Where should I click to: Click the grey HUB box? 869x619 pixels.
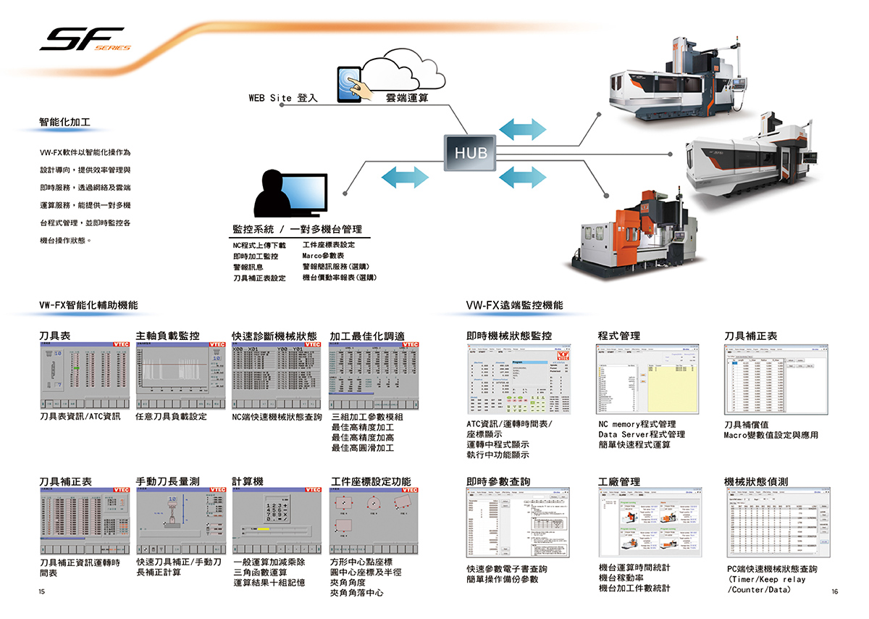point(471,153)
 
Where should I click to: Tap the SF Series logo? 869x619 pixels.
point(83,39)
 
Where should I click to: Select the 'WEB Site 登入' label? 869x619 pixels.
point(283,97)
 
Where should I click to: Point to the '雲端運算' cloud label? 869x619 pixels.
point(406,97)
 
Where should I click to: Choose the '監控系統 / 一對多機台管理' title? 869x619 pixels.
point(297,229)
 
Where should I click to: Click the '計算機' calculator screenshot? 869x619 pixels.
point(276,520)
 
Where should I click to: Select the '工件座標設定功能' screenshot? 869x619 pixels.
point(374,520)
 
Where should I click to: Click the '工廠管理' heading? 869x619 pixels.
point(619,481)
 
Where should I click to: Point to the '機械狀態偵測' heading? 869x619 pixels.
point(756,481)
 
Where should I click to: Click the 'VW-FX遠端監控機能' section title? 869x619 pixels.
point(514,306)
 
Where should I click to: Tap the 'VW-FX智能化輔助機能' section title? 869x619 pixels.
point(88,306)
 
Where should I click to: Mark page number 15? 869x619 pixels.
point(41,592)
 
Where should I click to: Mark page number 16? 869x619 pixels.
point(834,592)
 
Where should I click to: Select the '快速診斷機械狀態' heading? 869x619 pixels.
point(274,336)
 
